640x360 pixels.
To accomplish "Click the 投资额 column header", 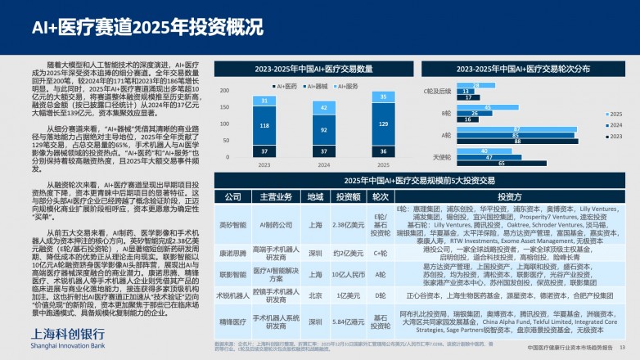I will click(349, 196).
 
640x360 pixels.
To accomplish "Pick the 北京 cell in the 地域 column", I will click(315, 295).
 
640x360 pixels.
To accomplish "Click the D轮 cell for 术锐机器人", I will click(381, 295).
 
